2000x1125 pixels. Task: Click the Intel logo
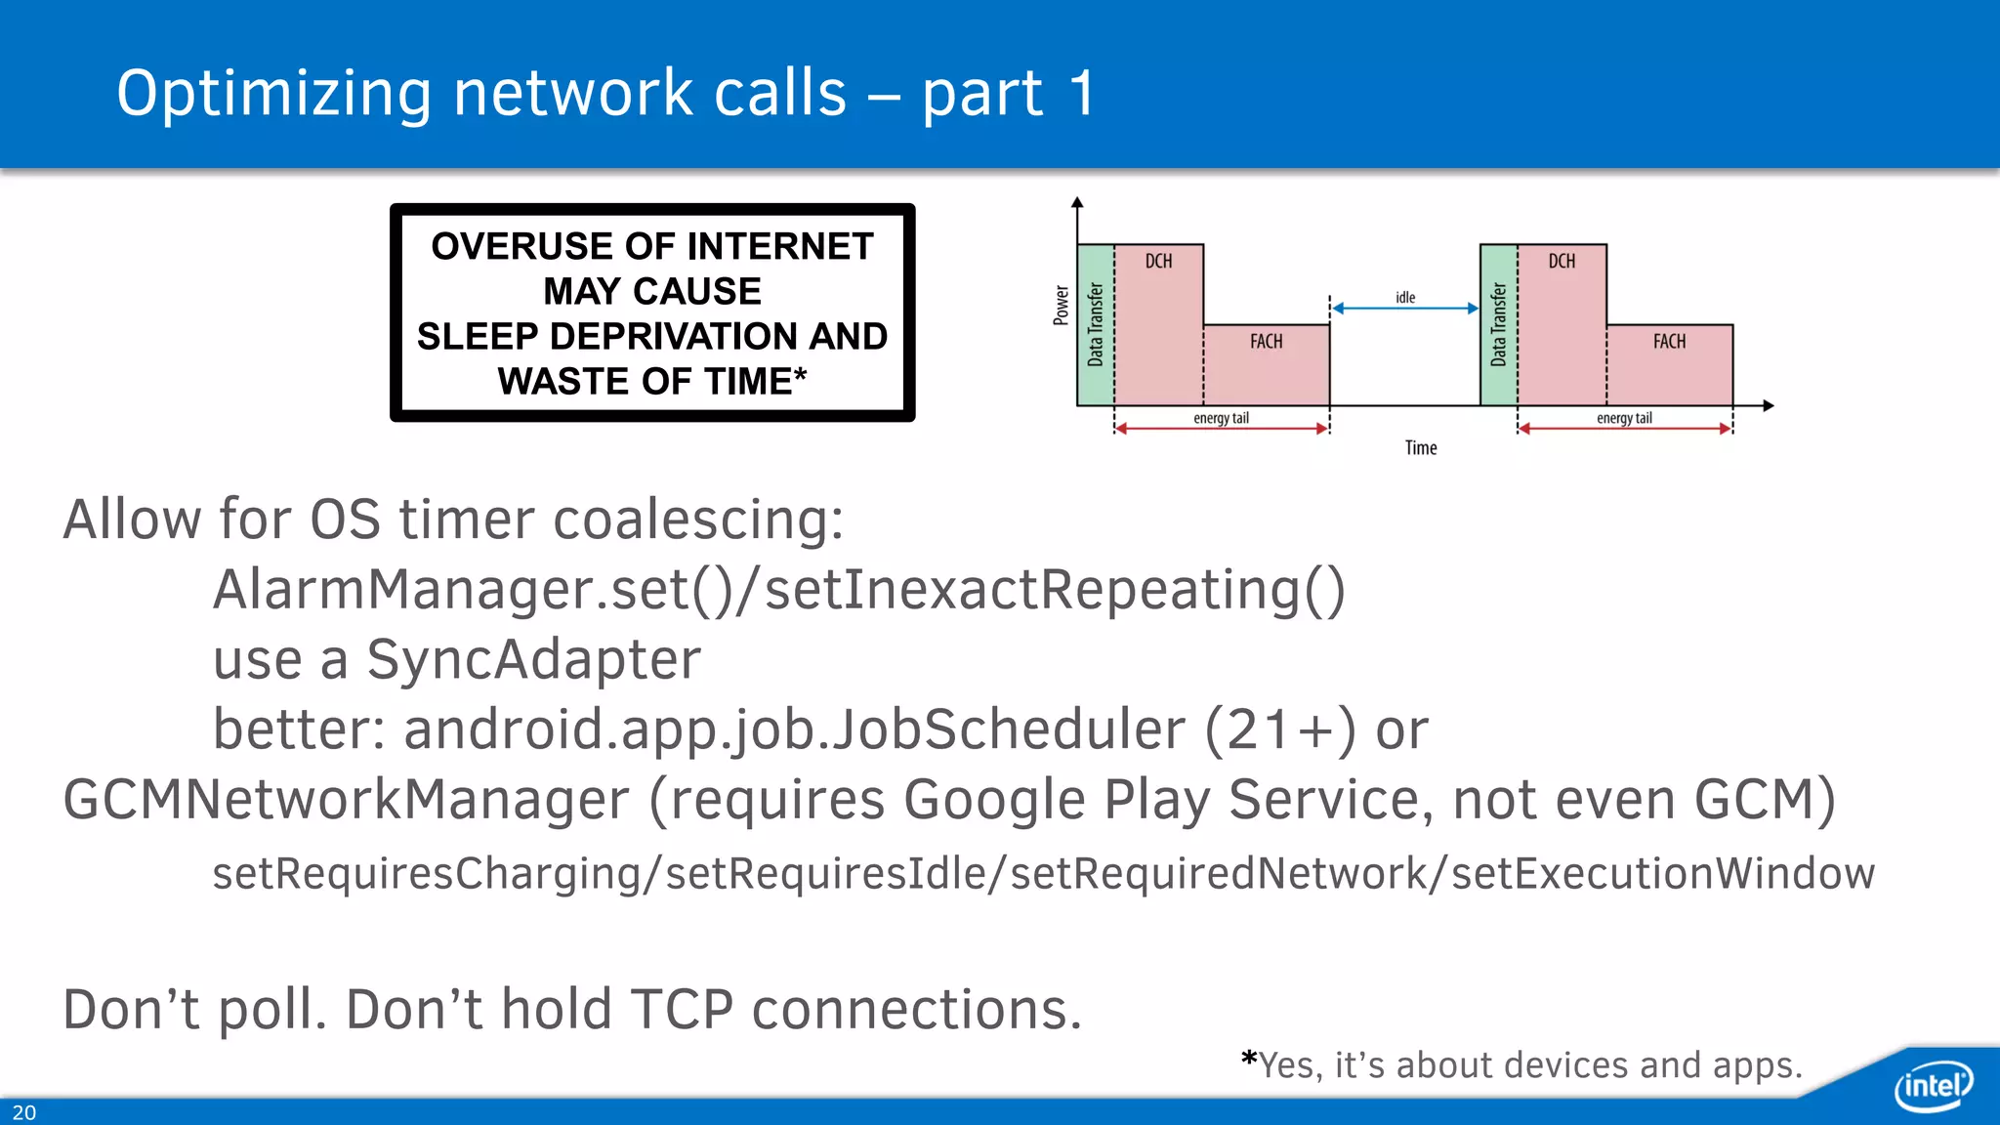coord(1933,1085)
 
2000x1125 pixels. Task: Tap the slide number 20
coord(24,1112)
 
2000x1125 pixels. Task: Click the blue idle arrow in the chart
coord(1405,309)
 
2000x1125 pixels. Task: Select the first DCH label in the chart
coord(1158,262)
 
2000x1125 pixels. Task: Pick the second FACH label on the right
coord(1669,342)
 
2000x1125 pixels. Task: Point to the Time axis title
coord(1421,448)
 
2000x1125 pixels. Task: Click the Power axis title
coord(1062,306)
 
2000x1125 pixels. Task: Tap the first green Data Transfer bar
coord(1095,325)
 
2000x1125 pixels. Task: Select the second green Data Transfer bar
coord(1498,325)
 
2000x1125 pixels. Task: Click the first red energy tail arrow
coord(1221,429)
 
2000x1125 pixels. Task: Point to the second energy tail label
coord(1624,418)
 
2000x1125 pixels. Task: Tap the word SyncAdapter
coord(533,659)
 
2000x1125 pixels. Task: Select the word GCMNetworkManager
coord(346,800)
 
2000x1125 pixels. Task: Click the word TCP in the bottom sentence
coord(681,1009)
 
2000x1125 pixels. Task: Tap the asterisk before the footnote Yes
coord(1249,1061)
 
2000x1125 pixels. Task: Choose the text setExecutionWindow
coord(1662,873)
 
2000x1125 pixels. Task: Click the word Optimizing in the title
coord(274,94)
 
